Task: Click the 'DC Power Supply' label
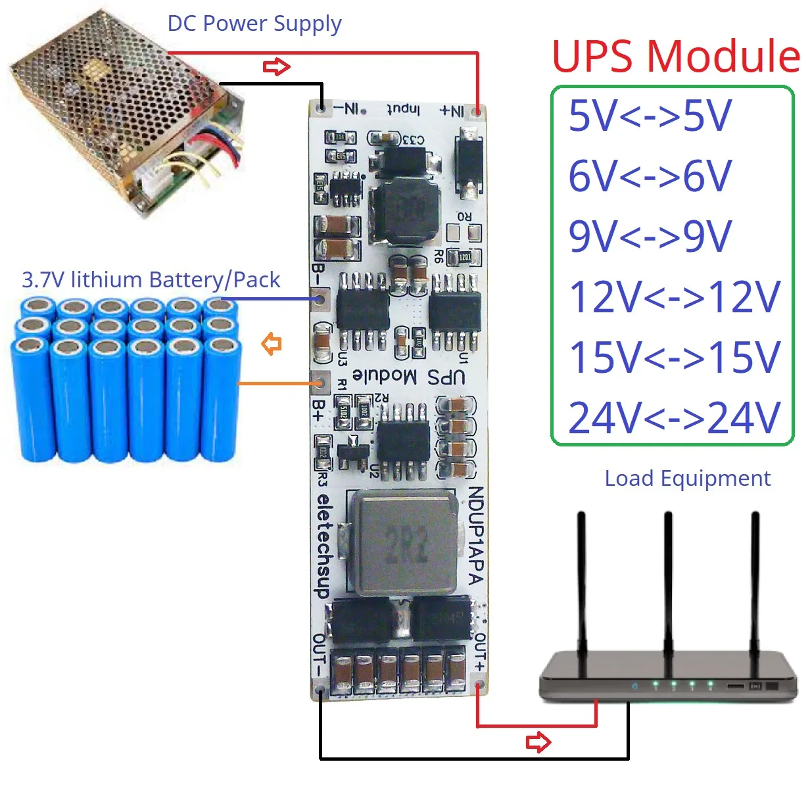coord(254,24)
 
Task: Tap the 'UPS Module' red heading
coord(675,57)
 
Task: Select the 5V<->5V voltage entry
coord(650,116)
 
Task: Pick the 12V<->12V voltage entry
coord(674,297)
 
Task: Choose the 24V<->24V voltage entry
coord(674,417)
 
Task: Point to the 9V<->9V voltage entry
coord(650,237)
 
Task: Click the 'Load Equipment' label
coord(687,479)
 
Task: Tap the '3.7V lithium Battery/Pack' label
coord(151,280)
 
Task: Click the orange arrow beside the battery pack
coord(272,343)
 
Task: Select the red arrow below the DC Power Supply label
coord(276,67)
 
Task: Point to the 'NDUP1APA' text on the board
coord(477,535)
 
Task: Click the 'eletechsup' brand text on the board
coord(322,546)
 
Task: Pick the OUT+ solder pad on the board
coord(479,688)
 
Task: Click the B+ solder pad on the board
coord(320,381)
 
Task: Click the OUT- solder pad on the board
coord(320,690)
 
